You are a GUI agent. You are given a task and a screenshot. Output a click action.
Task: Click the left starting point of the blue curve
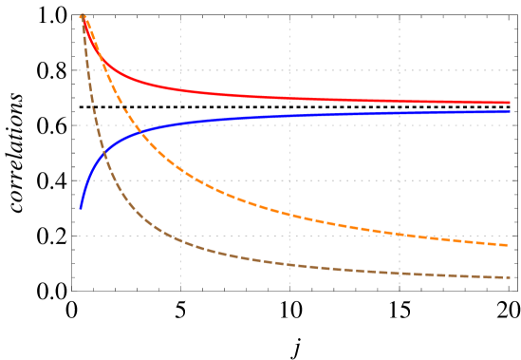[x=81, y=208]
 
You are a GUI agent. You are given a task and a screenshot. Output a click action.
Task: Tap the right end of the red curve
[x=510, y=103]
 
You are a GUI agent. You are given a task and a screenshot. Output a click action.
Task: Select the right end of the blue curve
[x=510, y=112]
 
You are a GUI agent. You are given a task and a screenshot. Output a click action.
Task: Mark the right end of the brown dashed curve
[x=510, y=277]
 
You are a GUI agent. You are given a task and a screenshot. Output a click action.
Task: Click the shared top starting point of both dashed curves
[x=83, y=15]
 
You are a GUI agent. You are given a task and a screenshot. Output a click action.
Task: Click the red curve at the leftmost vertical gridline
[x=180, y=91]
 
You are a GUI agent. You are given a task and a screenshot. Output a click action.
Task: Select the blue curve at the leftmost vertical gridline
[x=180, y=123]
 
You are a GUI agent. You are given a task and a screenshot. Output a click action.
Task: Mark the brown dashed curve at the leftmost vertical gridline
[x=180, y=239]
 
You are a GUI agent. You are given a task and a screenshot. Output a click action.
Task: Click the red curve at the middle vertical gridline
[x=289, y=98]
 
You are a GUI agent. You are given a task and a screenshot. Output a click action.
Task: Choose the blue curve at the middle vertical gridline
[x=289, y=116]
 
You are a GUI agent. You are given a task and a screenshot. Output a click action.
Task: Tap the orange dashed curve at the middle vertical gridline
[x=289, y=215]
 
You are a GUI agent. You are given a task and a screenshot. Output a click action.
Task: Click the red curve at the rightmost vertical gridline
[x=399, y=101]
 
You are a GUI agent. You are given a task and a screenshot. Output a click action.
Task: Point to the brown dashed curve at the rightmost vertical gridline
[x=399, y=274]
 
